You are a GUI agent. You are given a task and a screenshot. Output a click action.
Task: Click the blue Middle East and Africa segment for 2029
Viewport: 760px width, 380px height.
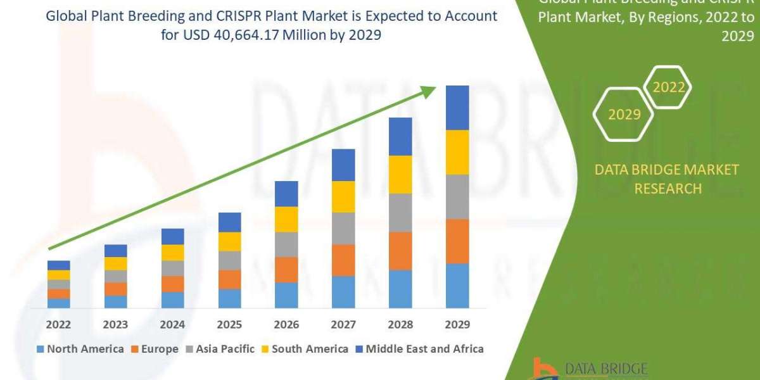pos(457,108)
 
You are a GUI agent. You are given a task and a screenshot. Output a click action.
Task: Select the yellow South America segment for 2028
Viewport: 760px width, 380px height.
pos(400,174)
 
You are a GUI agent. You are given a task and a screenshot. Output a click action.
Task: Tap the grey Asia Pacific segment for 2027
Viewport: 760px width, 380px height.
pos(343,228)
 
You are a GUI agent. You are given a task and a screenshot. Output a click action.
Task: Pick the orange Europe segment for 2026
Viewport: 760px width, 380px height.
pos(286,269)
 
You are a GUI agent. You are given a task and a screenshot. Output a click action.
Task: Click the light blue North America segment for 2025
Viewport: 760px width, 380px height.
pos(229,298)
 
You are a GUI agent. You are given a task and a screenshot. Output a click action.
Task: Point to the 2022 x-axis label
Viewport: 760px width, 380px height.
pos(58,324)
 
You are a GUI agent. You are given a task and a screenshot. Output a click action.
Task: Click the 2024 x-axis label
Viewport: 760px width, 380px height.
pos(172,324)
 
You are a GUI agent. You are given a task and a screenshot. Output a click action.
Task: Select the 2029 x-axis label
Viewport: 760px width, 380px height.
pos(457,324)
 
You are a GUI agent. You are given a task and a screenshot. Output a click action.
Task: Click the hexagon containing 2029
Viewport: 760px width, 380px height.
pos(624,115)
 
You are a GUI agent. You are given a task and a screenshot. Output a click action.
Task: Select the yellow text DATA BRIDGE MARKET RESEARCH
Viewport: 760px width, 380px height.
pos(668,179)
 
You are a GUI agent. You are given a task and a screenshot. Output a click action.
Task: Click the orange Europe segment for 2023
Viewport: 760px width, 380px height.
pos(115,289)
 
